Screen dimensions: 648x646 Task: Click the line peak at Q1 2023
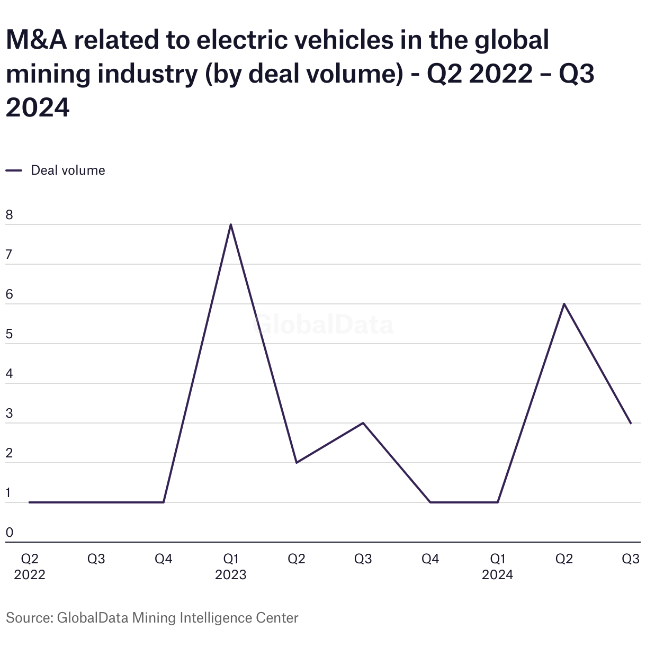click(x=231, y=224)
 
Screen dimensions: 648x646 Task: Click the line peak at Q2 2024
click(x=564, y=304)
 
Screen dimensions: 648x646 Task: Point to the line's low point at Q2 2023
click(x=297, y=463)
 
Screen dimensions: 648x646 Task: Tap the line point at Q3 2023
click(x=363, y=423)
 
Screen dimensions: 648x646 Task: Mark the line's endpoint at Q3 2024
click(x=631, y=423)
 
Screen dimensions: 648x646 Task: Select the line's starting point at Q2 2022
click(x=30, y=502)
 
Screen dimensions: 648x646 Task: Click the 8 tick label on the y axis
click(x=9, y=215)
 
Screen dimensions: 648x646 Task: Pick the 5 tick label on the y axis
click(x=9, y=335)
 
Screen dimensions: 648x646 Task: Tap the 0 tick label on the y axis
click(x=9, y=533)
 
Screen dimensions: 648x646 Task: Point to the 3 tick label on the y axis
click(x=9, y=414)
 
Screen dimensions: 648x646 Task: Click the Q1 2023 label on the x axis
click(x=231, y=566)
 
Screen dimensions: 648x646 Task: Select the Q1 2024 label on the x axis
click(x=497, y=566)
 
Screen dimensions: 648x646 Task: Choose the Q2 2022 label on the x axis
click(x=30, y=566)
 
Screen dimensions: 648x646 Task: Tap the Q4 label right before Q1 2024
click(x=430, y=559)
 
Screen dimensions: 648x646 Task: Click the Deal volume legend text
click(x=68, y=170)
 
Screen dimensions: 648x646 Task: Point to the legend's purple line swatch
click(x=14, y=170)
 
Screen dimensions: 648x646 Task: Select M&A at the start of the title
click(x=37, y=40)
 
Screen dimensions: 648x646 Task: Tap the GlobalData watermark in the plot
click(x=324, y=325)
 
